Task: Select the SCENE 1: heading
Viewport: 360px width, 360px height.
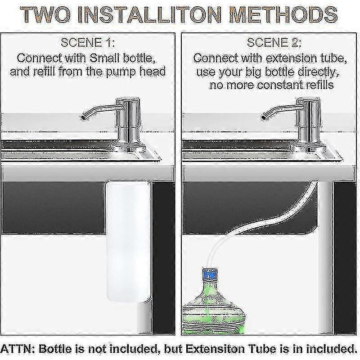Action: pos(88,43)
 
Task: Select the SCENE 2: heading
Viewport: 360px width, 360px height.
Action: pos(274,43)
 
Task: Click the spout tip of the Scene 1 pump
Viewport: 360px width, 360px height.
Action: pos(83,117)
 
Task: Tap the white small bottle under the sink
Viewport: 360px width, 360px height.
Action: pos(128,241)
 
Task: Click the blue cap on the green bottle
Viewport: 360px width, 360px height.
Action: pos(210,274)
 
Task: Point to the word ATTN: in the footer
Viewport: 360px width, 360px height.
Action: pos(18,349)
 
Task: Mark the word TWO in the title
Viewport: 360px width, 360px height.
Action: pos(45,15)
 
